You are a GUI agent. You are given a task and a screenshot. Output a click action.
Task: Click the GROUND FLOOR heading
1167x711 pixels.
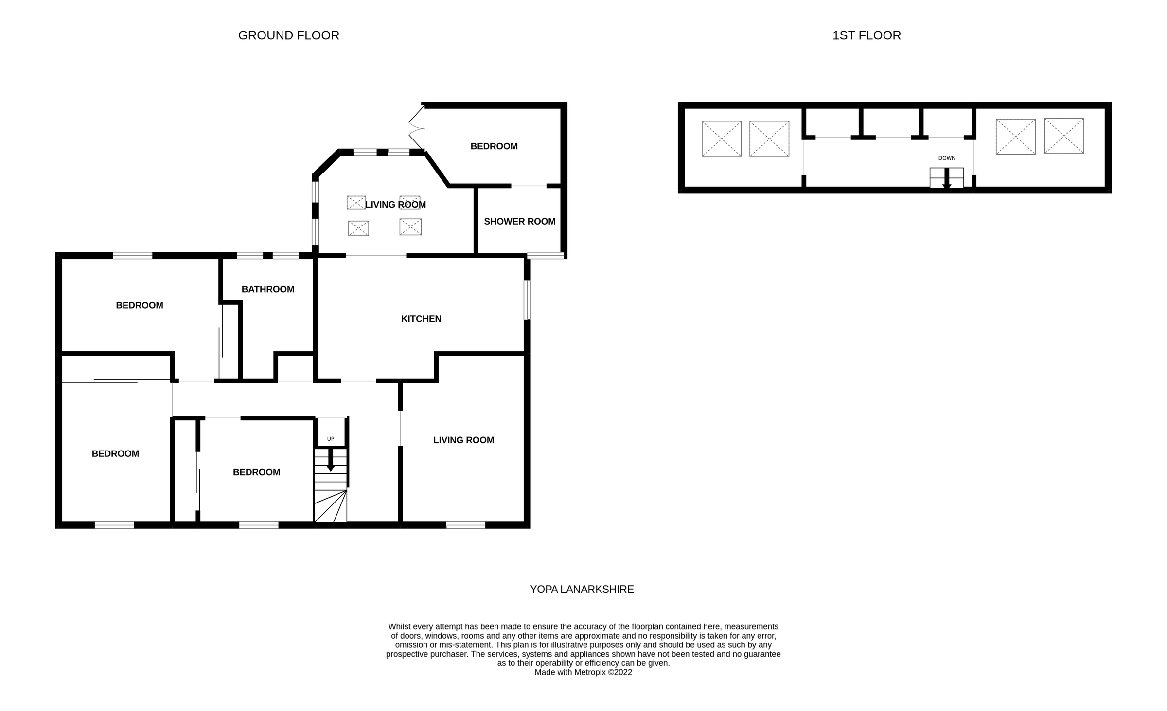[x=288, y=35]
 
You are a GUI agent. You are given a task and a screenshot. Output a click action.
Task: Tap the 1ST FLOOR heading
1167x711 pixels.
[x=866, y=35]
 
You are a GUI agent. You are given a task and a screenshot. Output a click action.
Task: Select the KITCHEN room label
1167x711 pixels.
[x=421, y=319]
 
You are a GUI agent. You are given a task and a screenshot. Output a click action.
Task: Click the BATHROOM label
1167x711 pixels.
[x=268, y=289]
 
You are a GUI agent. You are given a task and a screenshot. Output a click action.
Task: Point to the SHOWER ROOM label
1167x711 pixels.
[x=519, y=221]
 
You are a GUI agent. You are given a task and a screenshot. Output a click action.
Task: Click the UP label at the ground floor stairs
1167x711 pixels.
[x=331, y=439]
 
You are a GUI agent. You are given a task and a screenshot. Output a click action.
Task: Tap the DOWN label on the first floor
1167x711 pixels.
[x=946, y=158]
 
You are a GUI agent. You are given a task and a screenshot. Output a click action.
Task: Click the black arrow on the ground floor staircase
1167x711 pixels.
[x=331, y=462]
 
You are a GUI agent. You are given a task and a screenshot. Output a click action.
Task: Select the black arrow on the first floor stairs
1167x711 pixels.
[x=946, y=179]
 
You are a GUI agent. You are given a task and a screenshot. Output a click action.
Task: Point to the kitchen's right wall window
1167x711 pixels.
[x=527, y=300]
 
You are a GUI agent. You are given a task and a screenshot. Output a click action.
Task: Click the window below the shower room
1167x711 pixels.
[x=546, y=255]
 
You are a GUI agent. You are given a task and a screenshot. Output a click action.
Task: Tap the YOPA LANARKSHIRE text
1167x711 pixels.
[x=582, y=590]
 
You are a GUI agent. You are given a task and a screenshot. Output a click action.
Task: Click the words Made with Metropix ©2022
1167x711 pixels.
[x=583, y=672]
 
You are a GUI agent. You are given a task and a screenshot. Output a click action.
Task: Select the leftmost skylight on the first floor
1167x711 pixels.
[x=721, y=139]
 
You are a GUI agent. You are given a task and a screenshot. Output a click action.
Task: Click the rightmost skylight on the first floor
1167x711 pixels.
[x=1063, y=136]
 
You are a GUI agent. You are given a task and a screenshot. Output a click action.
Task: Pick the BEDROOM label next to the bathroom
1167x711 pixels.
[x=140, y=305]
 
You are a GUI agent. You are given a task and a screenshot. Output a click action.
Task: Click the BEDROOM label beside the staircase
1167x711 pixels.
[x=256, y=472]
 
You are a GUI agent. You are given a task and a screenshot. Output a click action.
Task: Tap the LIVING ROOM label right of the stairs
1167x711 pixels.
[x=463, y=440]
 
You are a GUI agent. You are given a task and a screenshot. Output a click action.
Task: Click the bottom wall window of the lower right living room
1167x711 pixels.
[x=465, y=525]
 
